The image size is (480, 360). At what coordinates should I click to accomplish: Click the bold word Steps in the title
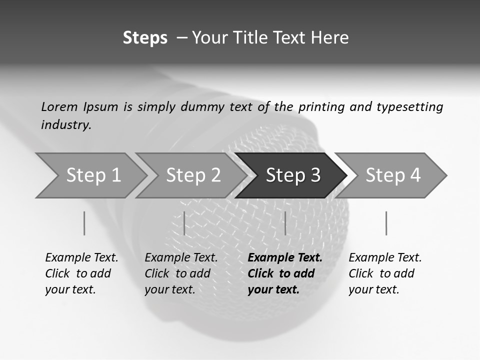click(x=145, y=38)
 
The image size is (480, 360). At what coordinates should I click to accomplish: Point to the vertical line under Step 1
click(x=84, y=223)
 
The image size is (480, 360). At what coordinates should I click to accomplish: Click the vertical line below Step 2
click(x=184, y=223)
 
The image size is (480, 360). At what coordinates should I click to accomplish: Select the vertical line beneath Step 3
click(x=285, y=223)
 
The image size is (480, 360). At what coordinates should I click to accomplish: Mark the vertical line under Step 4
click(x=386, y=223)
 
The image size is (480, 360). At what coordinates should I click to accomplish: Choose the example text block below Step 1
click(x=81, y=273)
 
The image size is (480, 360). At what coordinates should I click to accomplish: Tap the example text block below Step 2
click(x=181, y=273)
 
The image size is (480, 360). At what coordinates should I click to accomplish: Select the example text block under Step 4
click(x=385, y=273)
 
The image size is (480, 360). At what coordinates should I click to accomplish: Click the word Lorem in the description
click(x=59, y=107)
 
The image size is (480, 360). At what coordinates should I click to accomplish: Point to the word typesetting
click(x=409, y=107)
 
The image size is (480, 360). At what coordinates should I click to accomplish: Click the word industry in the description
click(x=66, y=125)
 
